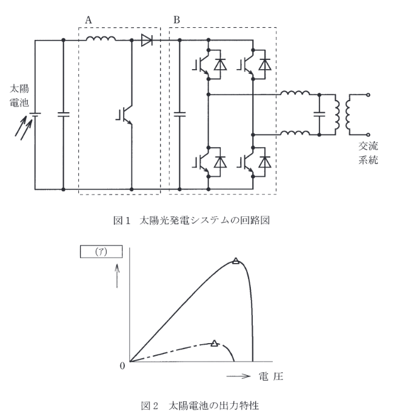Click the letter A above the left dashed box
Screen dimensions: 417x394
[88, 19]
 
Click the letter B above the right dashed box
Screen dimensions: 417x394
[177, 19]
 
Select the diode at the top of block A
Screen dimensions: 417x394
[147, 41]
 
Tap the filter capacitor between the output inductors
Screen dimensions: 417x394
[318, 113]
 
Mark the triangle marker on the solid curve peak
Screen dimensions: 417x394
[236, 262]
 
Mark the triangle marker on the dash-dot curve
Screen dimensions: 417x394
[215, 344]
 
